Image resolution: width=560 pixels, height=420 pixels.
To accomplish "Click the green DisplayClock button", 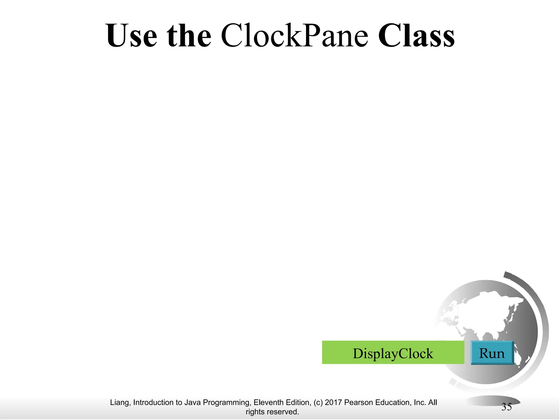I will [x=393, y=353].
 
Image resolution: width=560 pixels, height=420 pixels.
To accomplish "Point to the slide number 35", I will [x=506, y=407].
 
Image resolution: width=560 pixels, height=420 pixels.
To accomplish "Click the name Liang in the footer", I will [x=120, y=403].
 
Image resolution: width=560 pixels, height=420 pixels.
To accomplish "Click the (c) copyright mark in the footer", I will [x=318, y=403].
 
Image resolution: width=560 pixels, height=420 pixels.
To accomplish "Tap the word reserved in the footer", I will [x=282, y=412].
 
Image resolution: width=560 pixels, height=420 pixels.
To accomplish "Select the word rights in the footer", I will [x=255, y=412].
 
